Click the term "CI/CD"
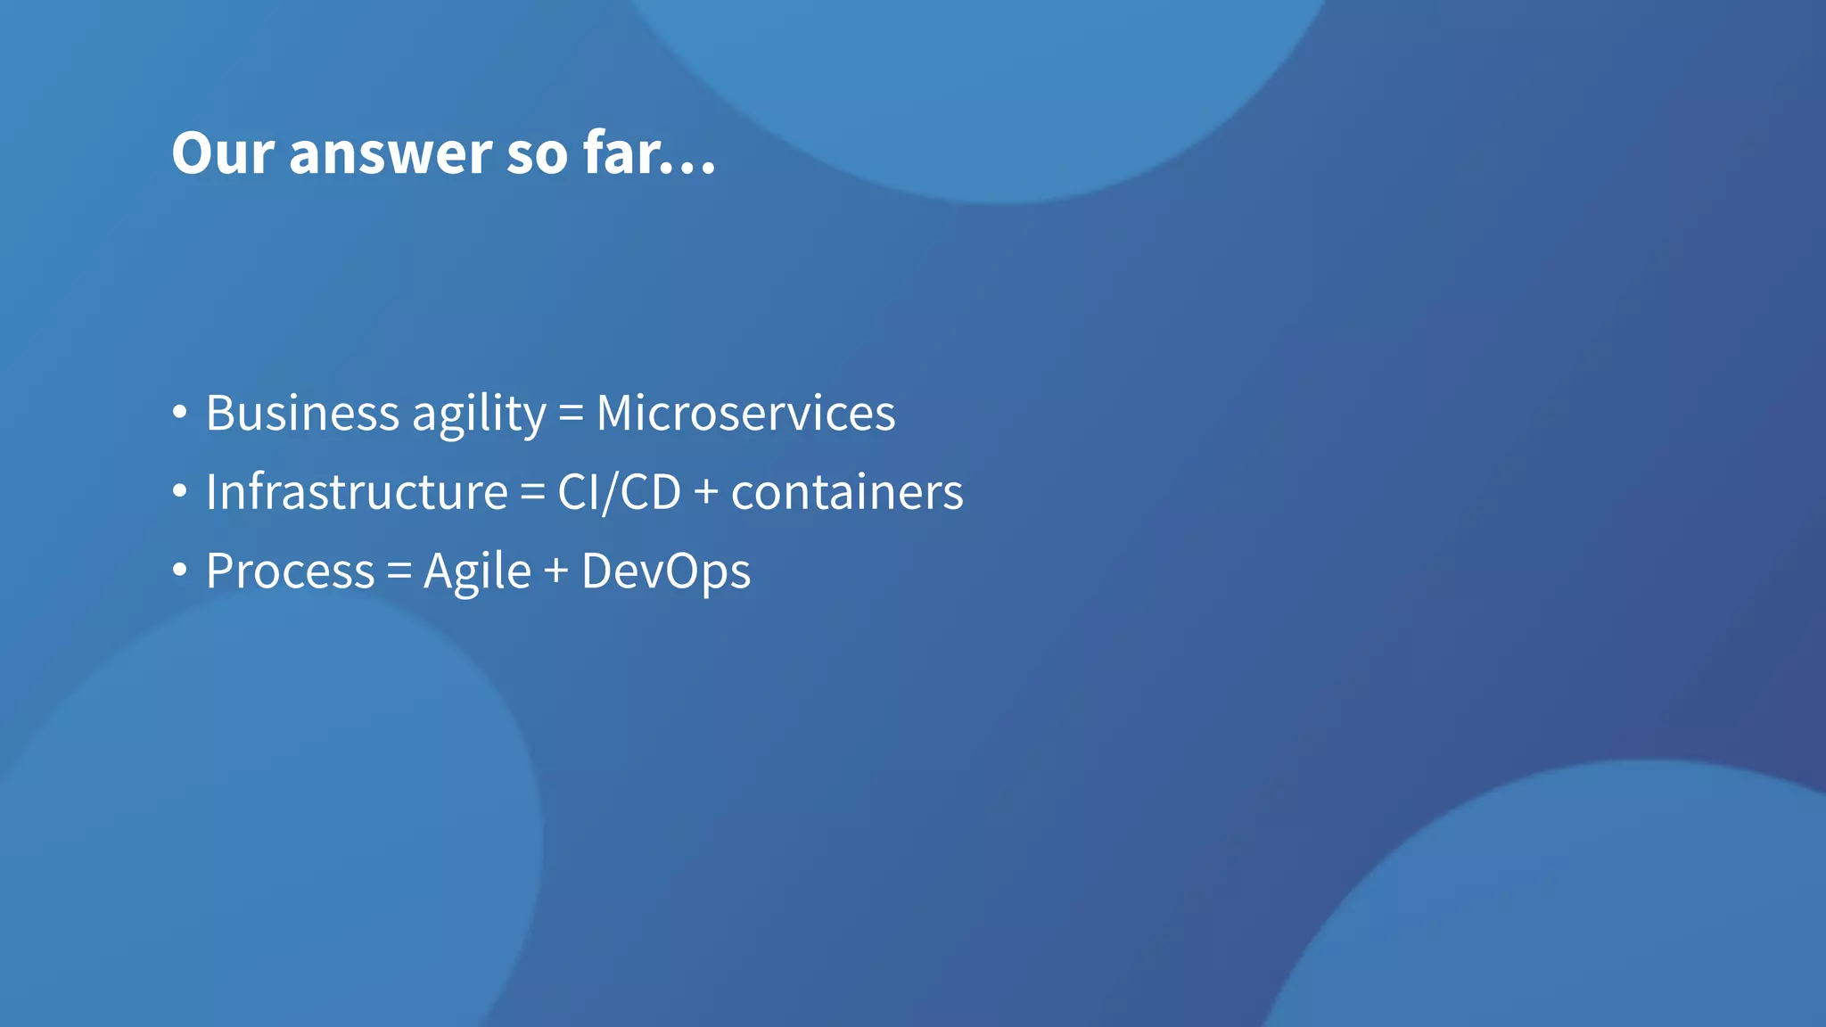click(x=619, y=492)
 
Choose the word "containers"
click(x=847, y=492)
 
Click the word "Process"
click(x=291, y=571)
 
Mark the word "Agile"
click(x=477, y=571)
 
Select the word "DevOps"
click(x=666, y=571)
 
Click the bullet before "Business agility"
click(x=180, y=413)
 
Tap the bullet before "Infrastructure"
click(x=180, y=491)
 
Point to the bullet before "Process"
click(x=180, y=570)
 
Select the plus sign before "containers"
click(x=706, y=492)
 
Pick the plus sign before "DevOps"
click(x=556, y=571)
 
